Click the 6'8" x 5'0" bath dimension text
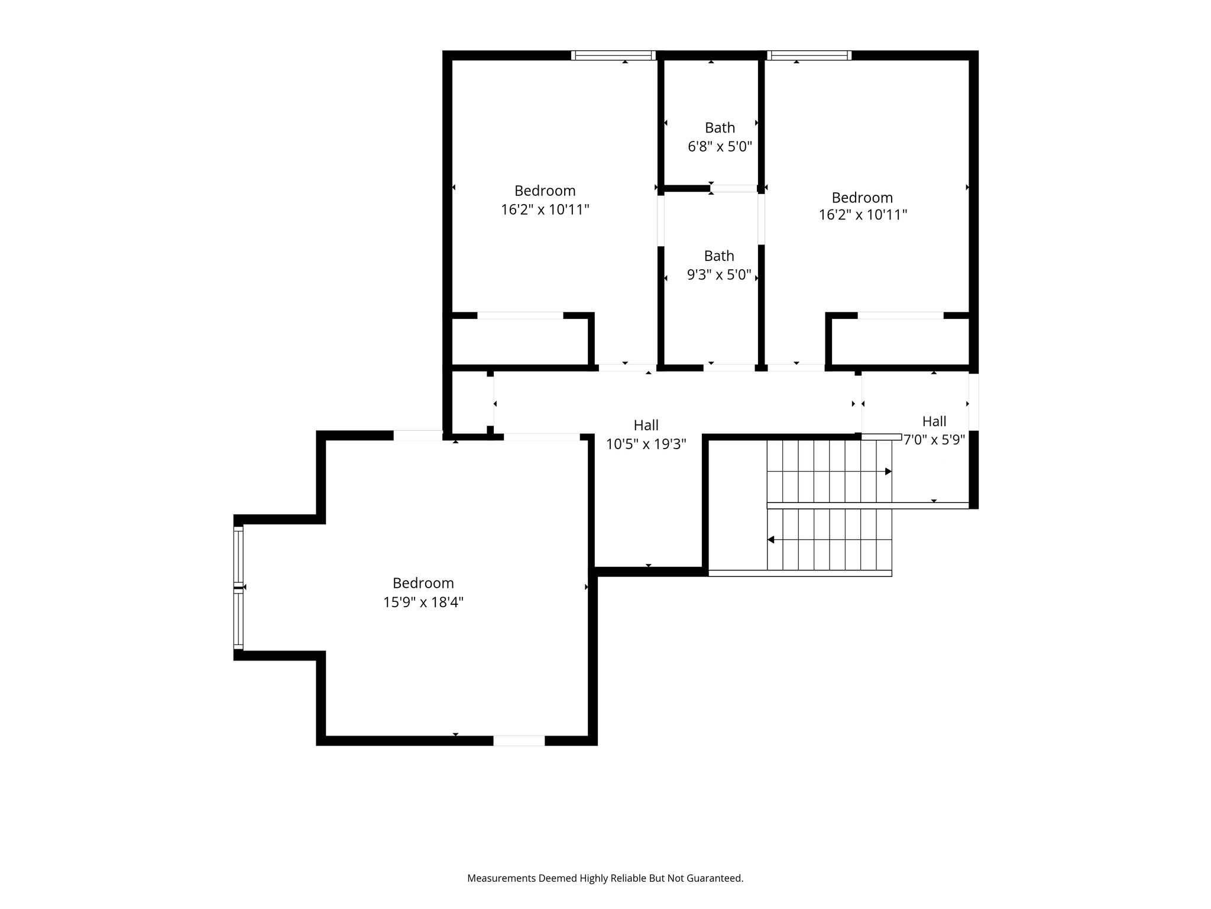coord(720,146)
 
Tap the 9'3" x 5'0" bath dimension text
coord(719,275)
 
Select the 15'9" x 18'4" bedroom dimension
coord(423,602)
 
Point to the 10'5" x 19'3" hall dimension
coord(646,444)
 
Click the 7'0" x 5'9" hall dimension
coord(934,440)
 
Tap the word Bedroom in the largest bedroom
coord(423,584)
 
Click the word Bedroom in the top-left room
coord(545,191)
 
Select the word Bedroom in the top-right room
coord(862,197)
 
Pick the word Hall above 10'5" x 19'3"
coord(646,425)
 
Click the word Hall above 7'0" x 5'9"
coord(934,421)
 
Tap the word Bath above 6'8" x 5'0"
coord(720,128)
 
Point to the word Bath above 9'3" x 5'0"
coord(719,256)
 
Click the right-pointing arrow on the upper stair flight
coord(830,472)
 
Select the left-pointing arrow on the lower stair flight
coord(830,540)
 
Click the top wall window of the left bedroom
coord(614,56)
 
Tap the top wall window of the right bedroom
coord(810,56)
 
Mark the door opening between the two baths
coord(734,189)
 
